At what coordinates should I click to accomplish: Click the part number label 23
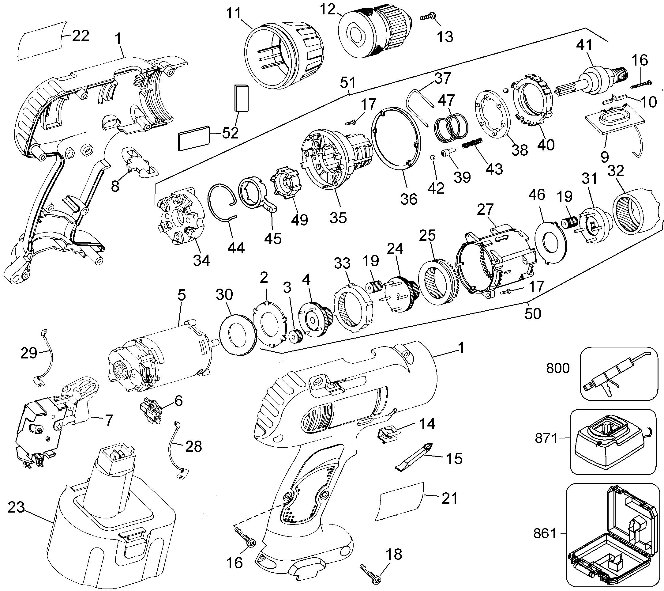click(16, 507)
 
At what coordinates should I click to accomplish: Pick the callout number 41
click(585, 46)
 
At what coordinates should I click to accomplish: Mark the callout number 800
click(558, 368)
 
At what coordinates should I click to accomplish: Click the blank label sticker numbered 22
click(41, 41)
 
